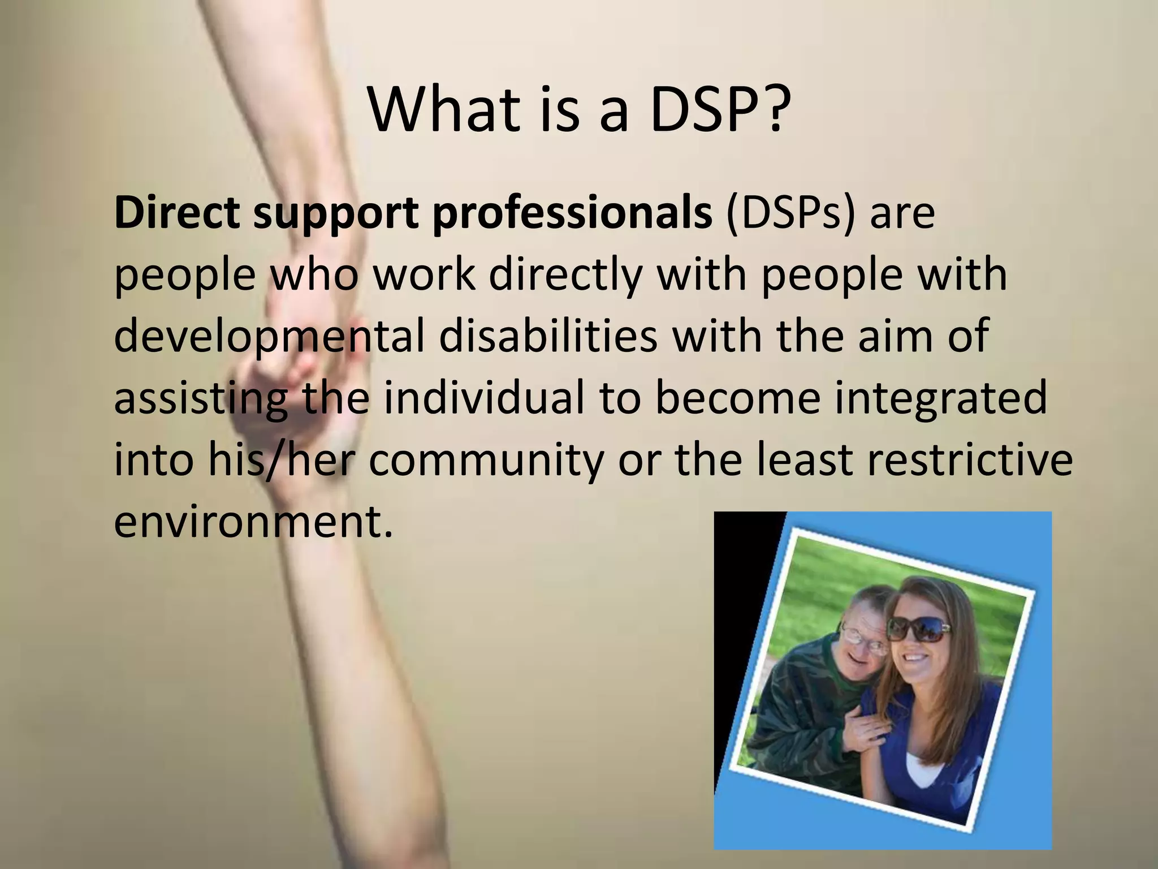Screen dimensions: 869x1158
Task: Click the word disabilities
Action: click(x=548, y=335)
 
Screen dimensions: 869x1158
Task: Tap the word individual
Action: click(x=483, y=397)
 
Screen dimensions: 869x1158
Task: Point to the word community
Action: click(x=487, y=461)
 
